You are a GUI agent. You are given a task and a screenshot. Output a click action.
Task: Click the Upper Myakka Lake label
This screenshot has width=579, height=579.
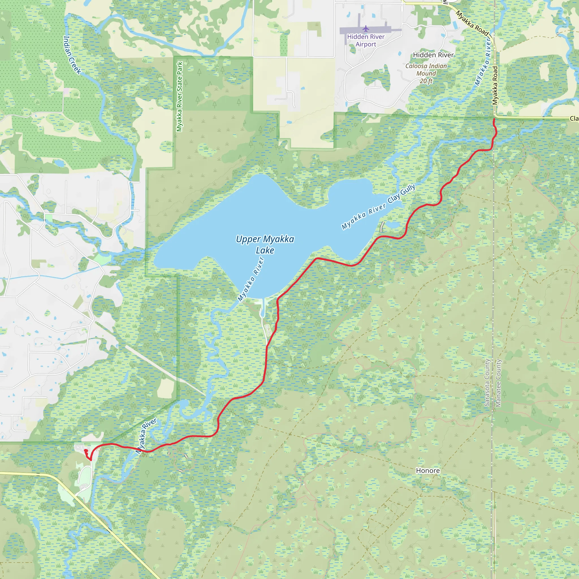(x=265, y=245)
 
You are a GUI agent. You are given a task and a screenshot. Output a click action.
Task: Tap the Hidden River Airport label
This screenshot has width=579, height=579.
(x=366, y=40)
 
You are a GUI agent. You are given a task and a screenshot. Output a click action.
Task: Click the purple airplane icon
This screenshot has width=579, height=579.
(x=366, y=29)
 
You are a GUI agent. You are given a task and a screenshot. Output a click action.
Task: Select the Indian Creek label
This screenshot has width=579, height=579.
(x=72, y=55)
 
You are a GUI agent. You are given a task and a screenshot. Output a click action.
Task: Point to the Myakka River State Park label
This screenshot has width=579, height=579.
(x=180, y=96)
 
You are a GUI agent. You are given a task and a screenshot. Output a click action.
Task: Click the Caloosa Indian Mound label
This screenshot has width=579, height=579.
(x=426, y=70)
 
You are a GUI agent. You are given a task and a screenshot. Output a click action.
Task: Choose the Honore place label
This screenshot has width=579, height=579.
(x=428, y=470)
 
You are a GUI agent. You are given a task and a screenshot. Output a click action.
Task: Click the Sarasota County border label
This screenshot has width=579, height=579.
(x=487, y=383)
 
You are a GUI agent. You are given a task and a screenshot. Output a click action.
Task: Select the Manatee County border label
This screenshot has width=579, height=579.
(x=498, y=383)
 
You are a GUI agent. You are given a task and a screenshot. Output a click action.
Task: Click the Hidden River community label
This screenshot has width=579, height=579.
(x=433, y=55)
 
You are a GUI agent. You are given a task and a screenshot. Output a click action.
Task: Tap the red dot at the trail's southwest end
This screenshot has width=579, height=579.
(x=86, y=450)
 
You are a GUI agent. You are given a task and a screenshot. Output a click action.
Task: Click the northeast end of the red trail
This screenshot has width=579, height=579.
(x=494, y=120)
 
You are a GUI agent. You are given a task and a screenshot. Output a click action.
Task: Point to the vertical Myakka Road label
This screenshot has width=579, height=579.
(x=495, y=85)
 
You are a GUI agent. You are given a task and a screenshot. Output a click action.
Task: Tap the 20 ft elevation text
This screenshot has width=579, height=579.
(x=426, y=81)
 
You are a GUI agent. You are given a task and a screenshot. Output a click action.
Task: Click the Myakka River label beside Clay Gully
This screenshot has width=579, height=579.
(x=364, y=216)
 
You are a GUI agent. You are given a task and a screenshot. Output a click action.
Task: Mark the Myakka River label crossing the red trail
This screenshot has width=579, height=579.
(x=146, y=436)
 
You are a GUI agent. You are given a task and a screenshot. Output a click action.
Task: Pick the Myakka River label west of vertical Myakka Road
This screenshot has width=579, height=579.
(x=483, y=63)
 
